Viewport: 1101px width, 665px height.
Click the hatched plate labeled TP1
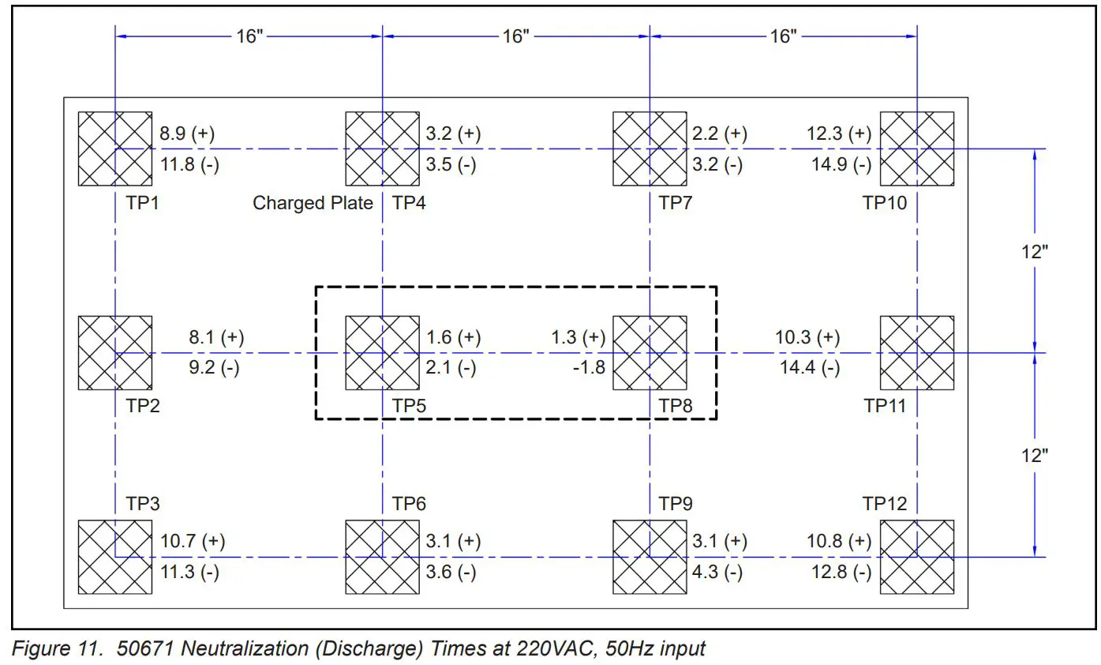click(x=115, y=148)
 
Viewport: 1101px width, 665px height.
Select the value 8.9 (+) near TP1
click(x=187, y=133)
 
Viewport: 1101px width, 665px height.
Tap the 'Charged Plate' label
click(x=313, y=203)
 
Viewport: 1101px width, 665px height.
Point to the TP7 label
click(x=676, y=203)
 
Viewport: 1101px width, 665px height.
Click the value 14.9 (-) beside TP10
click(x=840, y=164)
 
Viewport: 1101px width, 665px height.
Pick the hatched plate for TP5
click(x=382, y=352)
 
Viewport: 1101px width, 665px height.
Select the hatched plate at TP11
click(x=916, y=352)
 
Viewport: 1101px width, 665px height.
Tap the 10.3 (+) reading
click(x=807, y=337)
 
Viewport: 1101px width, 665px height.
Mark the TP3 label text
click(x=143, y=503)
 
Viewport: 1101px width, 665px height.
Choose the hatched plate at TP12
click(x=916, y=557)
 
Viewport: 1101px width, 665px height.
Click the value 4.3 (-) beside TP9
click(x=717, y=573)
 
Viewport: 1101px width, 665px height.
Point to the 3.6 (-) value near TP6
click(x=451, y=573)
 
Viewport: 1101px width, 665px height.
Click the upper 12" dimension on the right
click(x=1034, y=251)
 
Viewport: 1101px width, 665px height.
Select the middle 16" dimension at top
click(x=515, y=36)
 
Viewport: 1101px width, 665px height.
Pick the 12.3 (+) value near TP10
click(x=840, y=133)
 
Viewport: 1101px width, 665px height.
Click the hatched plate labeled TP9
click(x=650, y=557)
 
